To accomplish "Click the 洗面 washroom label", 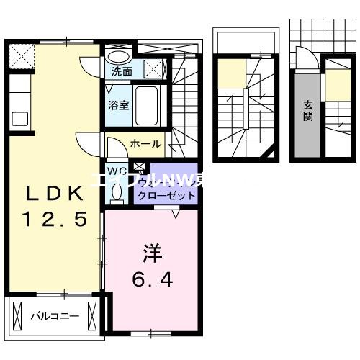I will [x=120, y=71].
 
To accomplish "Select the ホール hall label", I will [x=145, y=144].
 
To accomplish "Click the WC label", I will [x=117, y=171].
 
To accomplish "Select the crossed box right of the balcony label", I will [x=91, y=315].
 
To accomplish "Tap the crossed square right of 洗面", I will [x=153, y=71].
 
